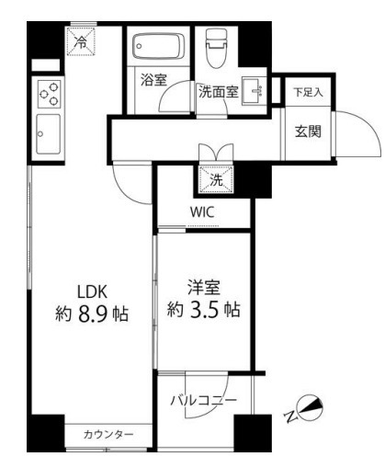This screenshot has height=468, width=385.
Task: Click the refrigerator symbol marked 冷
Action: click(82, 41)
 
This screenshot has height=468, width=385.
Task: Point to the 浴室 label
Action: click(153, 81)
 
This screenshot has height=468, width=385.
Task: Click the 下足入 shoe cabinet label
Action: click(303, 92)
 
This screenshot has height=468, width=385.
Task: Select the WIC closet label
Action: click(203, 212)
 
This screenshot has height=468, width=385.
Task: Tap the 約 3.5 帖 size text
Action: click(203, 311)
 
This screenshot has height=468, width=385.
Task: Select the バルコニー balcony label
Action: click(204, 401)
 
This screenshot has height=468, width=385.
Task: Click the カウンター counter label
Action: click(108, 434)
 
